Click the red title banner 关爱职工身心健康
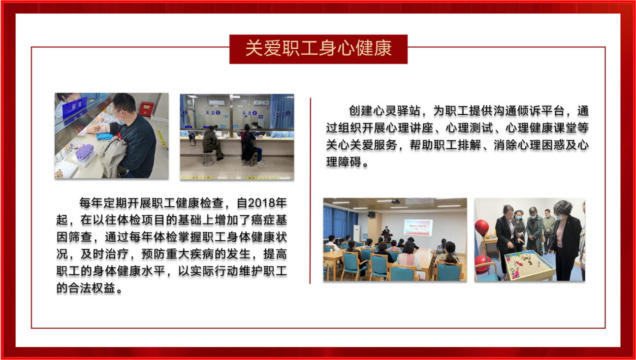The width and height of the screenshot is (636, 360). pyautogui.click(x=318, y=49)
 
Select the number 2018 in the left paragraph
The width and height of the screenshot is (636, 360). pyautogui.click(x=261, y=203)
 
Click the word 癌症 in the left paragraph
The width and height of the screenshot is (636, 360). pyautogui.click(x=263, y=220)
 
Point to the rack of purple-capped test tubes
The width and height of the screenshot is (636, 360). pyautogui.click(x=84, y=154)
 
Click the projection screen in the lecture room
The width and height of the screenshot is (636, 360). pyautogui.click(x=418, y=228)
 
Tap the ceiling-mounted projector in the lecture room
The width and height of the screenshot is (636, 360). pyautogui.click(x=395, y=202)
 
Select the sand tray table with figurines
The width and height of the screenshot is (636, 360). pyautogui.click(x=529, y=264)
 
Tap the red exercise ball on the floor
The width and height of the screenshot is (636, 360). pyautogui.click(x=482, y=263)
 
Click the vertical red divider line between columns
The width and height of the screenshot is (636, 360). pyautogui.click(x=310, y=191)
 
